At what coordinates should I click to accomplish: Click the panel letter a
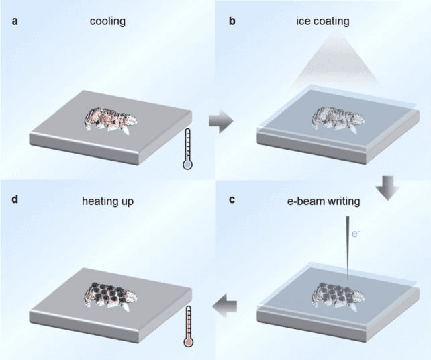(x=15, y=21)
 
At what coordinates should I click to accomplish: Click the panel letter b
(x=232, y=21)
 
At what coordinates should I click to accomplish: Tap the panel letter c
(x=232, y=199)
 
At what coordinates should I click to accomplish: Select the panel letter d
(x=15, y=199)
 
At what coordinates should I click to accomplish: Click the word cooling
(x=107, y=21)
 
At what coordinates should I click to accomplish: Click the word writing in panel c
(x=344, y=201)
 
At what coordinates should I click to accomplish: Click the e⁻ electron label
(x=356, y=234)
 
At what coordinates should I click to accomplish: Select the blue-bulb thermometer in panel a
(x=188, y=148)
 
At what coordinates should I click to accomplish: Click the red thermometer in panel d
(x=188, y=326)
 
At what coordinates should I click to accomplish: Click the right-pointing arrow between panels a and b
(x=221, y=121)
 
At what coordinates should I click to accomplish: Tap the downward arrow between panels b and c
(x=387, y=188)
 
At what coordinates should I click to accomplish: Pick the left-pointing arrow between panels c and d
(x=225, y=306)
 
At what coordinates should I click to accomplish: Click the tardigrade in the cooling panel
(x=111, y=121)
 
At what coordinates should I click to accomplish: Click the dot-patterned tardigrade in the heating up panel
(x=111, y=297)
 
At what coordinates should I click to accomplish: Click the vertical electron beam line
(x=348, y=250)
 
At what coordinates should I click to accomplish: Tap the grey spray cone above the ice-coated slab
(x=337, y=60)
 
